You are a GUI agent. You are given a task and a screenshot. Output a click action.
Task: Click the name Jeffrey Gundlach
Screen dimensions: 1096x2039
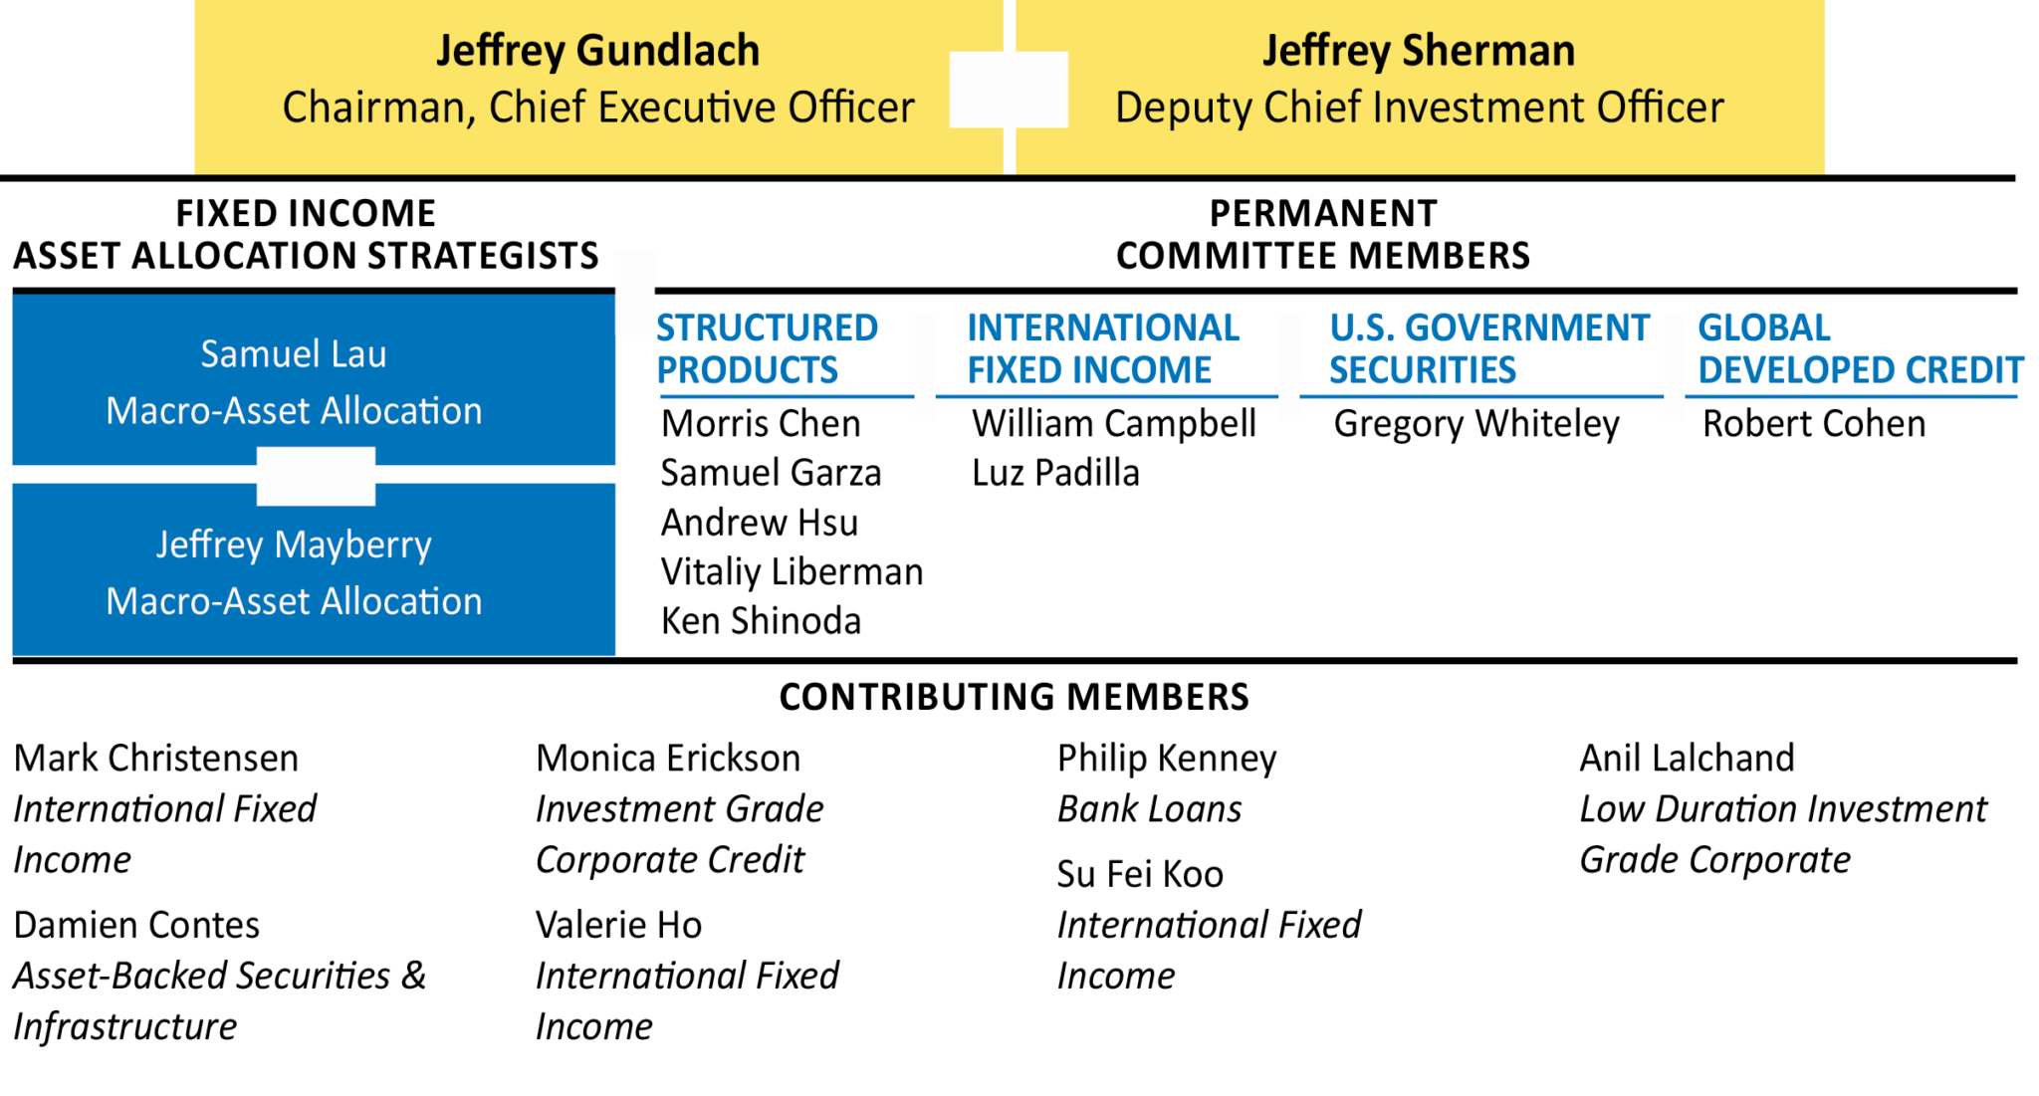pyautogui.click(x=597, y=51)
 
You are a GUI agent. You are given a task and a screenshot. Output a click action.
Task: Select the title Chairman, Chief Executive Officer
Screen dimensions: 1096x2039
pyautogui.click(x=597, y=108)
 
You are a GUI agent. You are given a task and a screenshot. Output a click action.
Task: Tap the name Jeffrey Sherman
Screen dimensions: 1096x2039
pyautogui.click(x=1419, y=51)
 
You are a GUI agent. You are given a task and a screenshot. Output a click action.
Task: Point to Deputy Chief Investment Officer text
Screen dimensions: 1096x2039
pyautogui.click(x=1419, y=108)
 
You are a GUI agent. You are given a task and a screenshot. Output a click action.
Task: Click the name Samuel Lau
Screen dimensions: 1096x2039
pyautogui.click(x=294, y=354)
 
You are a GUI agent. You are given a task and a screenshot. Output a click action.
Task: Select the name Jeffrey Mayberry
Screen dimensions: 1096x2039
pyautogui.click(x=294, y=545)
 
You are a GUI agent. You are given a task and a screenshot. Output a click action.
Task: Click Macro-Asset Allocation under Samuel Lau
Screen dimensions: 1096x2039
pyautogui.click(x=294, y=411)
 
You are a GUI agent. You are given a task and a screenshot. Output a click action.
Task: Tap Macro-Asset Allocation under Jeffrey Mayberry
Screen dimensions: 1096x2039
pyautogui.click(x=294, y=601)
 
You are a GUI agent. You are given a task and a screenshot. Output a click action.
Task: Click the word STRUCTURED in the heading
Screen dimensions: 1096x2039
pyautogui.click(x=767, y=328)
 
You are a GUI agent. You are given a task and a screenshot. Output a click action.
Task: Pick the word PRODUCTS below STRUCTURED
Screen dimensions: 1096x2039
pyautogui.click(x=747, y=370)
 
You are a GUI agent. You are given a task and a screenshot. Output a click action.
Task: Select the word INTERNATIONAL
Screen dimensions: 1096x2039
pyautogui.click(x=1103, y=328)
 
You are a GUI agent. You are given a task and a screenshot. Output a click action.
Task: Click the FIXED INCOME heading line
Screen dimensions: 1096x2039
pyautogui.click(x=1089, y=370)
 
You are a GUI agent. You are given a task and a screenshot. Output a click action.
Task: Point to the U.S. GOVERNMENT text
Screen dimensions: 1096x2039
pyautogui.click(x=1489, y=328)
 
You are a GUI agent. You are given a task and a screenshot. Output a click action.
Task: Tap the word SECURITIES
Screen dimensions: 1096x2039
pyautogui.click(x=1423, y=370)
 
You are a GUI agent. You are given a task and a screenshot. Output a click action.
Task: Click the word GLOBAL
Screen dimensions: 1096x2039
pyautogui.click(x=1763, y=328)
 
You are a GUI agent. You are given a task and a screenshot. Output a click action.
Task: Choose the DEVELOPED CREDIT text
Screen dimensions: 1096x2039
pyautogui.click(x=1860, y=370)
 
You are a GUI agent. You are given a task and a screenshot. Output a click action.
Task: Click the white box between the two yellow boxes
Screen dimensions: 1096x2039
pyautogui.click(x=1009, y=90)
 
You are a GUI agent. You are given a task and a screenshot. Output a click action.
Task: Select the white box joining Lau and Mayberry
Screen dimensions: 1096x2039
pyautogui.click(x=316, y=476)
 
